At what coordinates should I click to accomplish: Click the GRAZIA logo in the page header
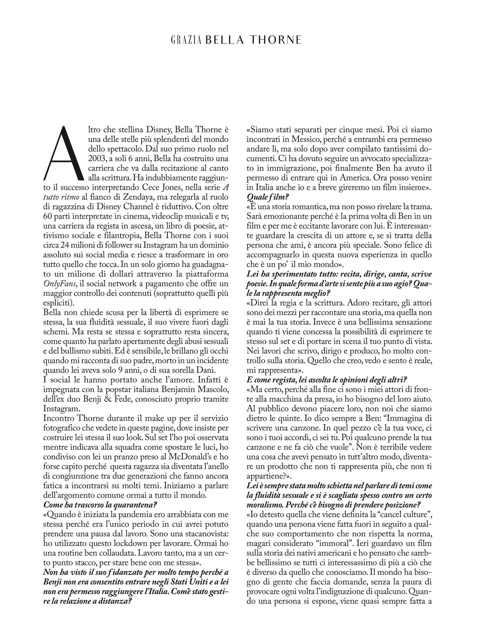pos(186,40)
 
